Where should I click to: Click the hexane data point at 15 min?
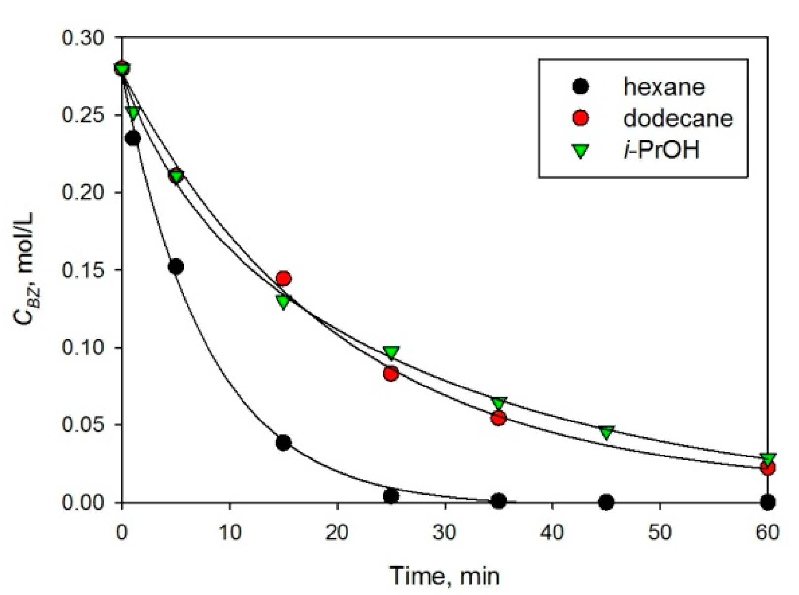tap(283, 442)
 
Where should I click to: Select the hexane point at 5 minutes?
tap(176, 267)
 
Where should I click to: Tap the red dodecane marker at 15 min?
tap(283, 279)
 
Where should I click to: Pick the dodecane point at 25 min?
tap(391, 374)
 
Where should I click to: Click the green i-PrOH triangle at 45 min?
tap(607, 432)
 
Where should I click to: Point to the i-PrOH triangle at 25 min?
tap(391, 352)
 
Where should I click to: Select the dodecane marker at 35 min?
tap(498, 419)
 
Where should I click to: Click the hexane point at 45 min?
tap(606, 502)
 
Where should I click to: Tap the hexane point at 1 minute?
tap(133, 139)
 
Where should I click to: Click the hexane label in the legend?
tap(664, 87)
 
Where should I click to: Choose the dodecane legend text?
tap(678, 118)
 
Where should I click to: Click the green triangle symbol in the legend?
tap(581, 151)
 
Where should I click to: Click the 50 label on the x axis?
tap(660, 533)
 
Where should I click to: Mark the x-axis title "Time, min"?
tap(445, 575)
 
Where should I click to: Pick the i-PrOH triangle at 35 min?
tap(499, 403)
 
